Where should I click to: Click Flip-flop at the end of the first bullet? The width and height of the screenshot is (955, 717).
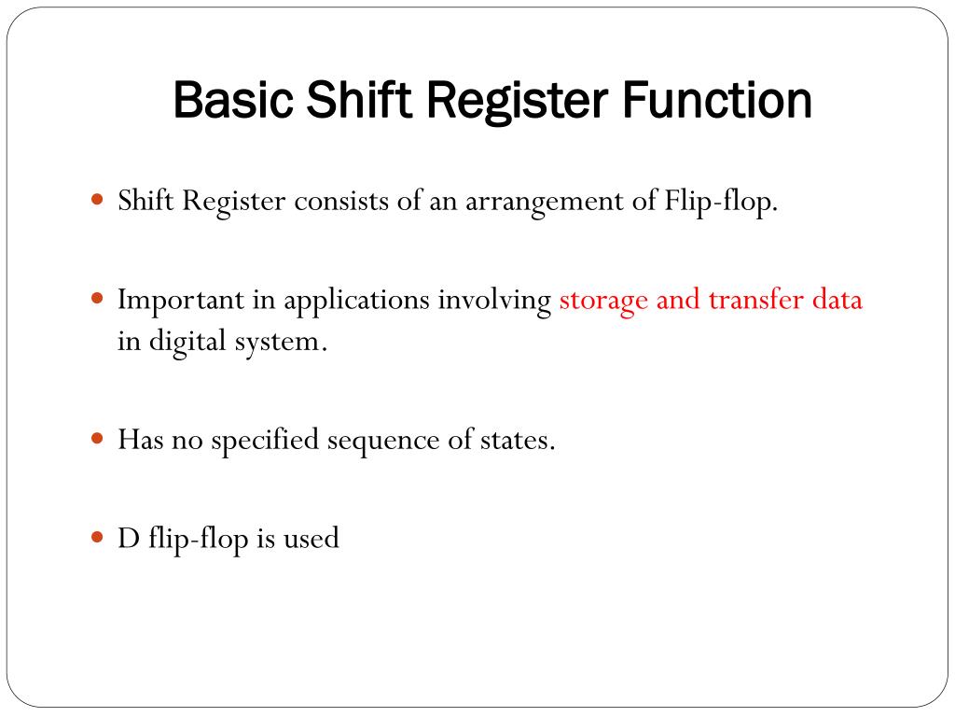(721, 203)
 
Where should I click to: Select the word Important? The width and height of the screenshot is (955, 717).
(176, 301)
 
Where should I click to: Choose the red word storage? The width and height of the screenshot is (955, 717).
(603, 301)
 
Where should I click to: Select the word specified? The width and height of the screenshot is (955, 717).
(265, 440)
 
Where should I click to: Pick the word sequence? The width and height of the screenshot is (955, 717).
(381, 440)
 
